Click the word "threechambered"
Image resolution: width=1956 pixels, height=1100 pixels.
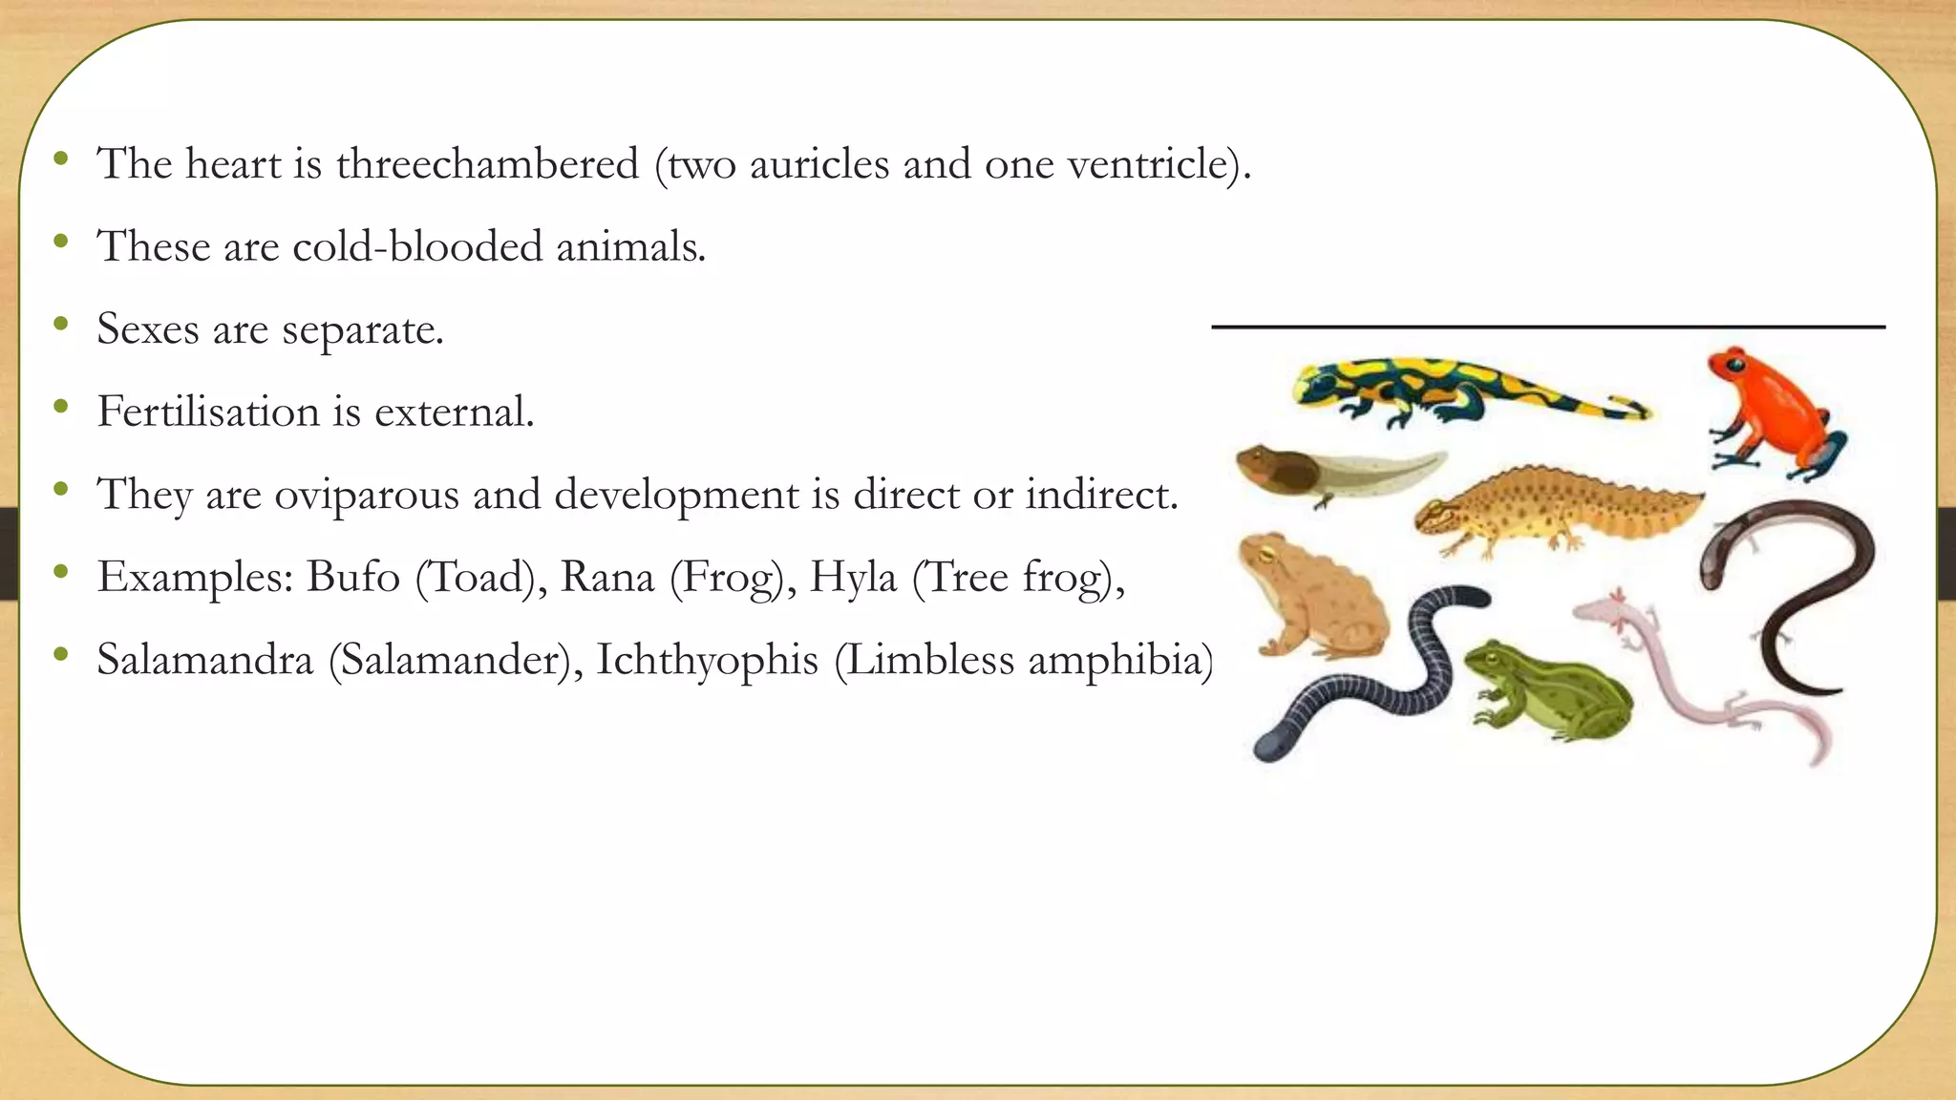click(x=487, y=164)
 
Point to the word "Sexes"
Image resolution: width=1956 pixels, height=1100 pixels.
click(x=148, y=329)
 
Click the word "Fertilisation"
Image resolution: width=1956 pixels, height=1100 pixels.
click(x=208, y=412)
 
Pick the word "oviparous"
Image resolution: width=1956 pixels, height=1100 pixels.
click(x=367, y=495)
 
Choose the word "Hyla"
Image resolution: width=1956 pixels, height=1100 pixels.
click(x=853, y=577)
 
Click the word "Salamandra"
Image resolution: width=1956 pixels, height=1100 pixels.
click(x=205, y=660)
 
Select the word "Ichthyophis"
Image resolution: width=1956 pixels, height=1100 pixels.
click(x=707, y=660)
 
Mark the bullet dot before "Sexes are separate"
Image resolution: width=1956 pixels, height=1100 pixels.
click(x=61, y=325)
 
